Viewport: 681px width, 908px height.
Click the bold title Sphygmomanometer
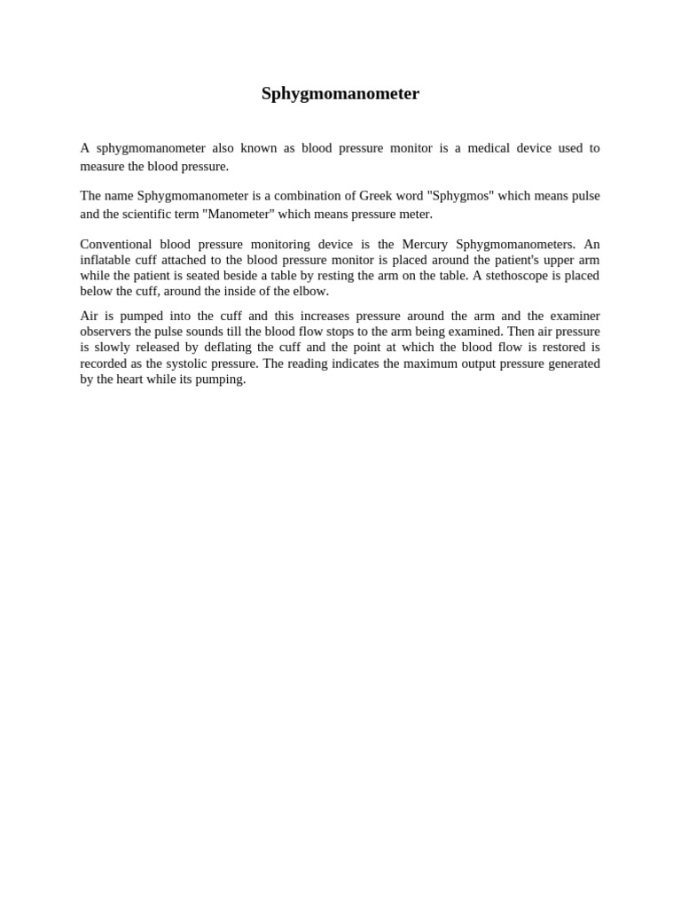pyautogui.click(x=340, y=94)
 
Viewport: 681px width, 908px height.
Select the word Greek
pyautogui.click(x=379, y=196)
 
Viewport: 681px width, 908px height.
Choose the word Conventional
pyautogui.click(x=115, y=244)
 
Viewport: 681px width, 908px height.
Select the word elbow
pyautogui.click(x=311, y=292)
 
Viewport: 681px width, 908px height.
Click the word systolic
pyautogui.click(x=189, y=364)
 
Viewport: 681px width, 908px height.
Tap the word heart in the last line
pyautogui.click(x=131, y=380)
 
